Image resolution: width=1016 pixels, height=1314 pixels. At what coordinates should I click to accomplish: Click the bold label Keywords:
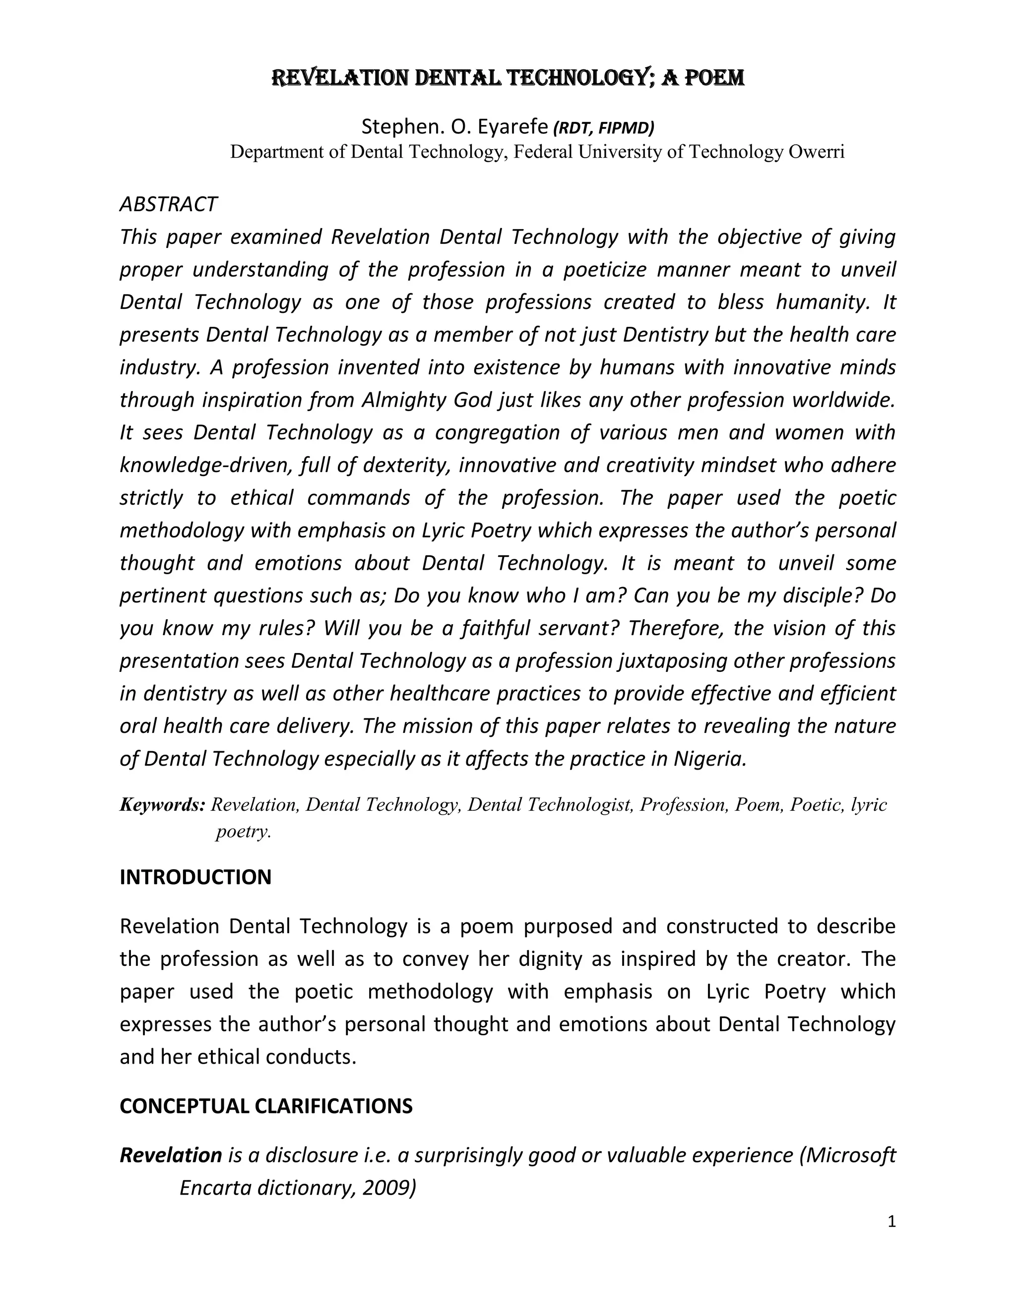tap(163, 804)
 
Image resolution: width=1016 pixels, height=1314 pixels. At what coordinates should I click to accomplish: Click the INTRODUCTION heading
tap(195, 877)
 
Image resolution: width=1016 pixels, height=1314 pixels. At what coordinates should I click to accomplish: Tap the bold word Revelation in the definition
tap(171, 1155)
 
